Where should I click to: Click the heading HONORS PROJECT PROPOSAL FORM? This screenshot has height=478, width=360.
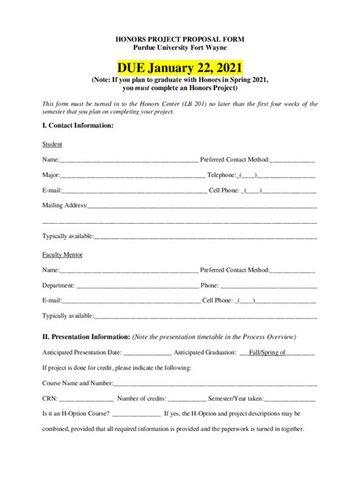[x=180, y=37]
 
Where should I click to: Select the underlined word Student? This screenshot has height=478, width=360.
[x=52, y=144]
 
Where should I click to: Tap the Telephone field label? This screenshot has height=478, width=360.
[x=227, y=175]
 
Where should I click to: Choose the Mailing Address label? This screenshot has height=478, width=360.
[x=65, y=205]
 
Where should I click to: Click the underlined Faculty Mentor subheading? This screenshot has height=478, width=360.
[x=62, y=255]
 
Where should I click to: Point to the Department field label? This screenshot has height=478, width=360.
[x=58, y=285]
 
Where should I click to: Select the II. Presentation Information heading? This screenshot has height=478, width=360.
[x=87, y=336]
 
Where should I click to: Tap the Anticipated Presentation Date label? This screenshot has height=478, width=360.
[x=82, y=353]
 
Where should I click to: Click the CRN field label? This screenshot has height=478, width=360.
[x=49, y=398]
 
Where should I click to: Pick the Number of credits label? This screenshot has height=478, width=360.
[x=141, y=398]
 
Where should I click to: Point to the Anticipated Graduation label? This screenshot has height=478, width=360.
[x=205, y=353]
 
